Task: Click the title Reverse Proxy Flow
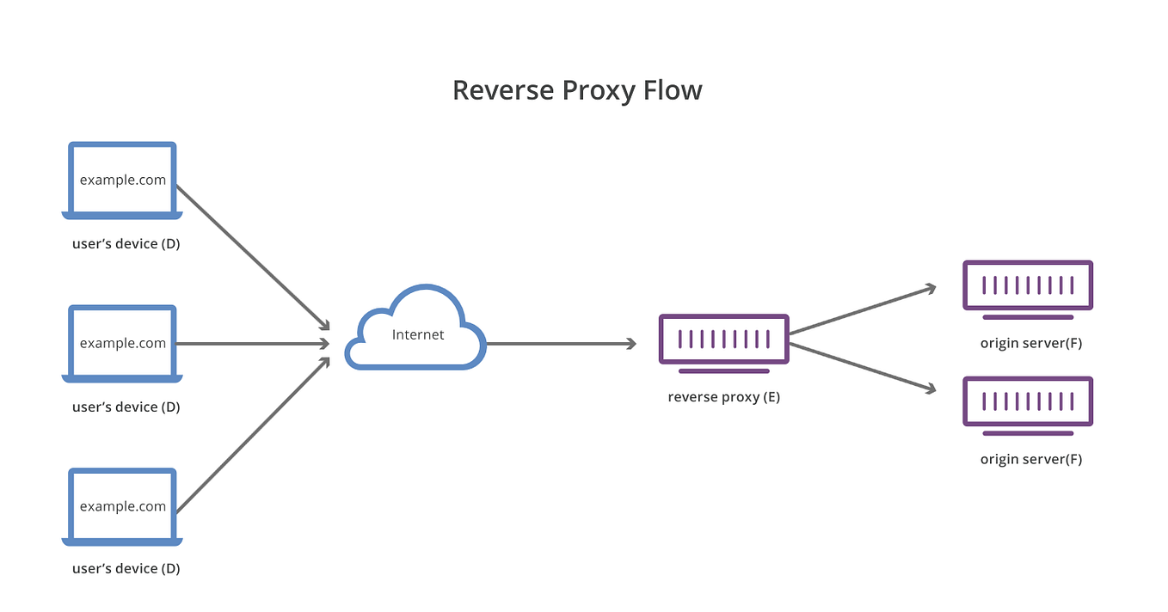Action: [577, 90]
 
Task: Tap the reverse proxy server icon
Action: [723, 339]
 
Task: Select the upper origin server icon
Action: [1028, 285]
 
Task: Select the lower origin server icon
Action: [1028, 401]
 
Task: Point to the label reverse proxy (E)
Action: [723, 397]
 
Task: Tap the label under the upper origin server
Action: [1030, 343]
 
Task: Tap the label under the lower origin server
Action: [1030, 459]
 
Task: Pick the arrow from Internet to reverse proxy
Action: [559, 344]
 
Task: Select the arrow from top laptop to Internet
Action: [254, 256]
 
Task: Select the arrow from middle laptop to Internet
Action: [254, 344]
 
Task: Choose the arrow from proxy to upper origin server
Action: [862, 310]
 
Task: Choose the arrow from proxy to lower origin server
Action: [862, 368]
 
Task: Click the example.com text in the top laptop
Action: [122, 180]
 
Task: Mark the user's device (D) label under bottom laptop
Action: [126, 568]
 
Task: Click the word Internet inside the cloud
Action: [418, 334]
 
